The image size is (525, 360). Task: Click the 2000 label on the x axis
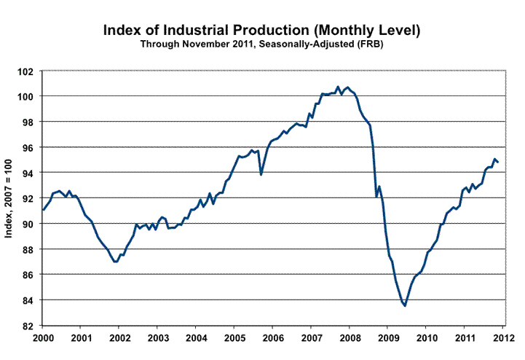pyautogui.click(x=43, y=338)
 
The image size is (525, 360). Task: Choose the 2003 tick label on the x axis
pyautogui.click(x=158, y=338)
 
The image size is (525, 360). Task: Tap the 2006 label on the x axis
pyautogui.click(x=273, y=338)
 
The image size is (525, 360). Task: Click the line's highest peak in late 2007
pyautogui.click(x=338, y=87)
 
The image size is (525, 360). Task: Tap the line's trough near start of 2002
pyautogui.click(x=116, y=261)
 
